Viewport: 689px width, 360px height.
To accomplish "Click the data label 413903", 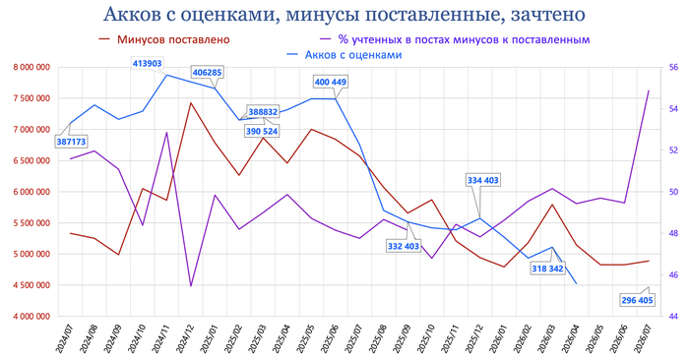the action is point(148,64).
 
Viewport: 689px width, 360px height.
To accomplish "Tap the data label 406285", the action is point(208,73).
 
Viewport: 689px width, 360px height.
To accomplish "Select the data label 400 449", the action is point(331,82).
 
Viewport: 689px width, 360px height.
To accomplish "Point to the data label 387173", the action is point(71,142).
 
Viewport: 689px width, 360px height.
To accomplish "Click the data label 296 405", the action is point(637,300).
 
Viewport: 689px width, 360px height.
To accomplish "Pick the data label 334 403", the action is point(483,180).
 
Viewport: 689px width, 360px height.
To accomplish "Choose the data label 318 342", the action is point(547,269).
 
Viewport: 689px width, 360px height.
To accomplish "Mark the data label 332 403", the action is point(404,246).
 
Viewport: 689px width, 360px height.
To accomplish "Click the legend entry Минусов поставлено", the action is point(165,39).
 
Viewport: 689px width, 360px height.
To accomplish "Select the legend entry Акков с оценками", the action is point(344,55).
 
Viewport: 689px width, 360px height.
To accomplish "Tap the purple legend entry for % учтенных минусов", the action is point(455,39).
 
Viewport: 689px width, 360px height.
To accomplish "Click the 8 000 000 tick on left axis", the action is point(32,67).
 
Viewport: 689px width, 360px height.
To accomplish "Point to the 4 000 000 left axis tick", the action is point(32,316).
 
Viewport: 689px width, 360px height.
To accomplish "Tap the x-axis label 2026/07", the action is point(643,338).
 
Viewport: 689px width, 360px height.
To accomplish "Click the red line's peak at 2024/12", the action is point(191,103).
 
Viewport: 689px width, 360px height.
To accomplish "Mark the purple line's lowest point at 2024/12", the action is point(191,286).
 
